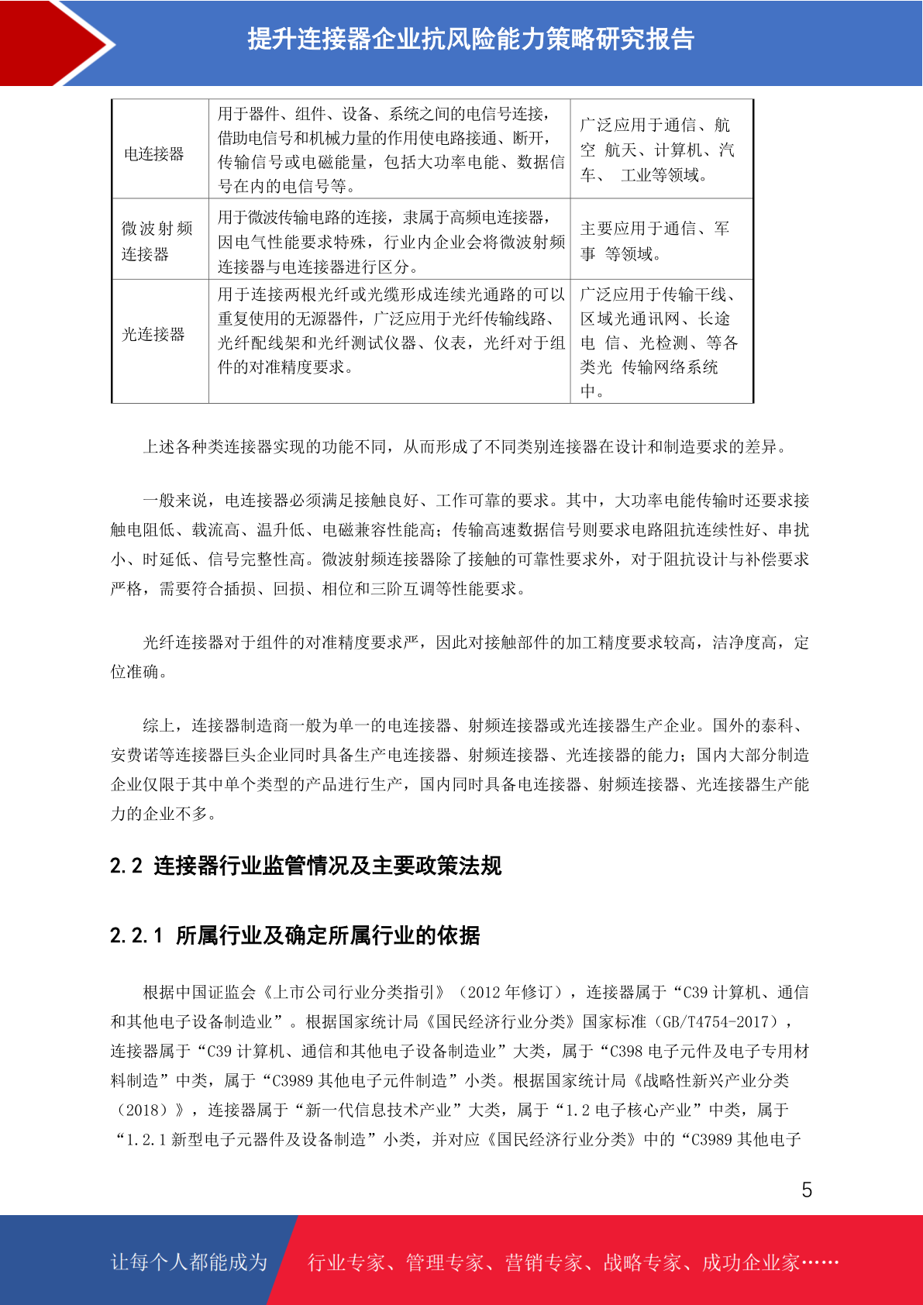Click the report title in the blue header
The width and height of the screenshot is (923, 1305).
tap(470, 39)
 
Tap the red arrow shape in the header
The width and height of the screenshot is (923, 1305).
tap(54, 43)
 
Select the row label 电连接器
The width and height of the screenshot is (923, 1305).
tap(154, 154)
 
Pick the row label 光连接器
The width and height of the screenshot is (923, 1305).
tap(153, 334)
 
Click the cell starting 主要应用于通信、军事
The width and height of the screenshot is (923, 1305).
tap(655, 241)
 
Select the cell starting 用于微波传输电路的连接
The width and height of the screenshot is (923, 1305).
tap(391, 242)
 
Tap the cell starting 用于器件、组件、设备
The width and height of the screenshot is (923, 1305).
tap(391, 150)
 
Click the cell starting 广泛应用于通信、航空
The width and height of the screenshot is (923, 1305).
tap(656, 150)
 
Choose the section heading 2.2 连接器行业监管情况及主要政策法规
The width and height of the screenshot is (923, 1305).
tap(305, 866)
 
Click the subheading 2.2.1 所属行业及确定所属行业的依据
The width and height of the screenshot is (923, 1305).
tap(294, 935)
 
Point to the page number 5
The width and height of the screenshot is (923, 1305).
tap(807, 1190)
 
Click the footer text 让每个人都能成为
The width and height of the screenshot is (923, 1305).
tap(189, 1262)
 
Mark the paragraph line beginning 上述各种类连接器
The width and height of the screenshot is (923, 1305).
tap(465, 446)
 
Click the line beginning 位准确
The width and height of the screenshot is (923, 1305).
tap(139, 672)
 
